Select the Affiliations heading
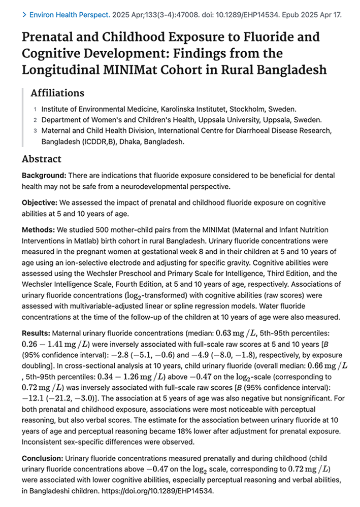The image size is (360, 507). tap(57, 93)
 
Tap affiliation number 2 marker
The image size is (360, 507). tap(36, 120)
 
